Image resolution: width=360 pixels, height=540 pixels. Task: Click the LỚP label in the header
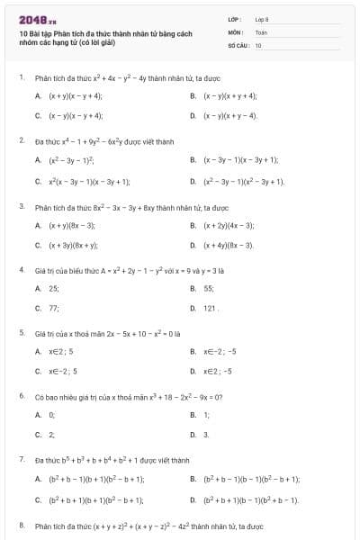pyautogui.click(x=236, y=19)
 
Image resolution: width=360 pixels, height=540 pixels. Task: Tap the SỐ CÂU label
pyautogui.click(x=239, y=44)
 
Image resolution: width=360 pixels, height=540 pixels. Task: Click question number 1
pyautogui.click(x=21, y=77)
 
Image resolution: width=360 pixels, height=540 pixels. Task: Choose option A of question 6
pyautogui.click(x=51, y=415)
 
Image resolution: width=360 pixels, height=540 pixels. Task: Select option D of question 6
pyautogui.click(x=206, y=435)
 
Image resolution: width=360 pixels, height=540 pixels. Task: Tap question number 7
pyautogui.click(x=21, y=459)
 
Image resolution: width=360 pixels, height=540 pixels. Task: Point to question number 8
pyautogui.click(x=21, y=523)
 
